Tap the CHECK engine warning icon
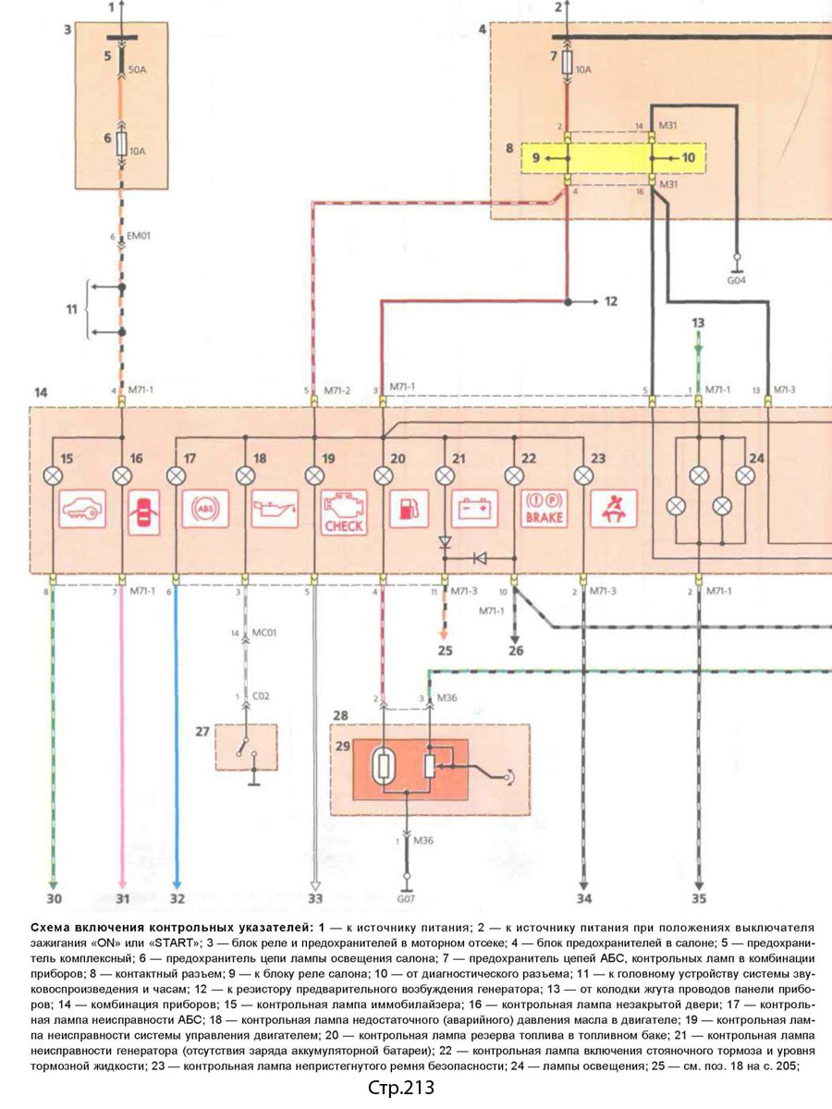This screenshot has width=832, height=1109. point(343,511)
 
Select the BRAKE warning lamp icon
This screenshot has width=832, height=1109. point(544,509)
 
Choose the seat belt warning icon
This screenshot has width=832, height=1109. point(612,509)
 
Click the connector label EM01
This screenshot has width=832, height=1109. point(138,236)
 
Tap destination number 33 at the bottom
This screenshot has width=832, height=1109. point(316,897)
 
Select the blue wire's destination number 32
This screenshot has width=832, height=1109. point(177,897)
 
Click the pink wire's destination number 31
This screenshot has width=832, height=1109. point(123,897)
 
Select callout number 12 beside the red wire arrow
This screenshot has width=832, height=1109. point(611,301)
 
